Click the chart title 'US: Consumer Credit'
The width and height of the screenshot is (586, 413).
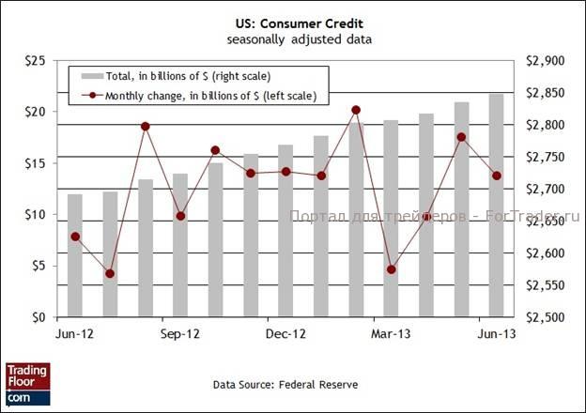292,24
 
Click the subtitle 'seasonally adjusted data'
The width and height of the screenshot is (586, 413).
292,39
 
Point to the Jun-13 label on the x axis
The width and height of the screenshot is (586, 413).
497,333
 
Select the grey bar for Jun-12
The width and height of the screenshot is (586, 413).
75,255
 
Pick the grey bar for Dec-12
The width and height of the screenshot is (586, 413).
285,231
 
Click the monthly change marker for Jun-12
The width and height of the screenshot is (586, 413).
75,237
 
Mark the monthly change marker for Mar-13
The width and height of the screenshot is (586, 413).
392,269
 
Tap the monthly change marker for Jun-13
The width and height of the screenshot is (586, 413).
497,176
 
